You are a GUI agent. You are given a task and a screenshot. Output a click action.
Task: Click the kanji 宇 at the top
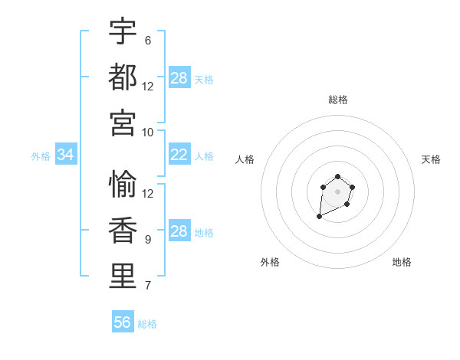click(123, 32)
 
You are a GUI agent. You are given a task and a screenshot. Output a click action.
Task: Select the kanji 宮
click(123, 123)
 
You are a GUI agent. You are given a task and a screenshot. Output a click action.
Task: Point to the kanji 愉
click(123, 185)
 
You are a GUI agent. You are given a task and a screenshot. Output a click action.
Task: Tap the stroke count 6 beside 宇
click(148, 41)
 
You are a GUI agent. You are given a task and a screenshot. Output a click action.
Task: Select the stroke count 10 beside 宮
click(148, 132)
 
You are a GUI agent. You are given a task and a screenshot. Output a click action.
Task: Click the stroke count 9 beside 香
click(148, 240)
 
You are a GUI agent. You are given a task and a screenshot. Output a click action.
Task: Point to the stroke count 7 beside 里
click(148, 286)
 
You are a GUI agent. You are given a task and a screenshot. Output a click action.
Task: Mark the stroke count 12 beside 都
click(148, 86)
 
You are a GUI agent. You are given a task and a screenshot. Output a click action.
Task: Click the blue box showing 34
click(65, 155)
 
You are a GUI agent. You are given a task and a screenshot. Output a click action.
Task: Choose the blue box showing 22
click(179, 155)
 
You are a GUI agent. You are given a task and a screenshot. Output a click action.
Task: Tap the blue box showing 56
click(123, 322)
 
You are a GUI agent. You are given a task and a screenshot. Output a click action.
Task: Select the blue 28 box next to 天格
click(179, 78)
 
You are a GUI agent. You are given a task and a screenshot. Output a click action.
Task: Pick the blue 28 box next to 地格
click(179, 232)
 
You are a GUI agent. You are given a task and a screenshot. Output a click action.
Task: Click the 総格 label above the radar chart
click(337, 100)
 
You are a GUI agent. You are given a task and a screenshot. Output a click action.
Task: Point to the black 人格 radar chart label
click(245, 159)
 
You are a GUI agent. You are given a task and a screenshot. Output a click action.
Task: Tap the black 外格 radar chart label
click(270, 262)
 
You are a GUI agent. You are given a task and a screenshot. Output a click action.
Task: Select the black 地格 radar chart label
click(402, 262)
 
